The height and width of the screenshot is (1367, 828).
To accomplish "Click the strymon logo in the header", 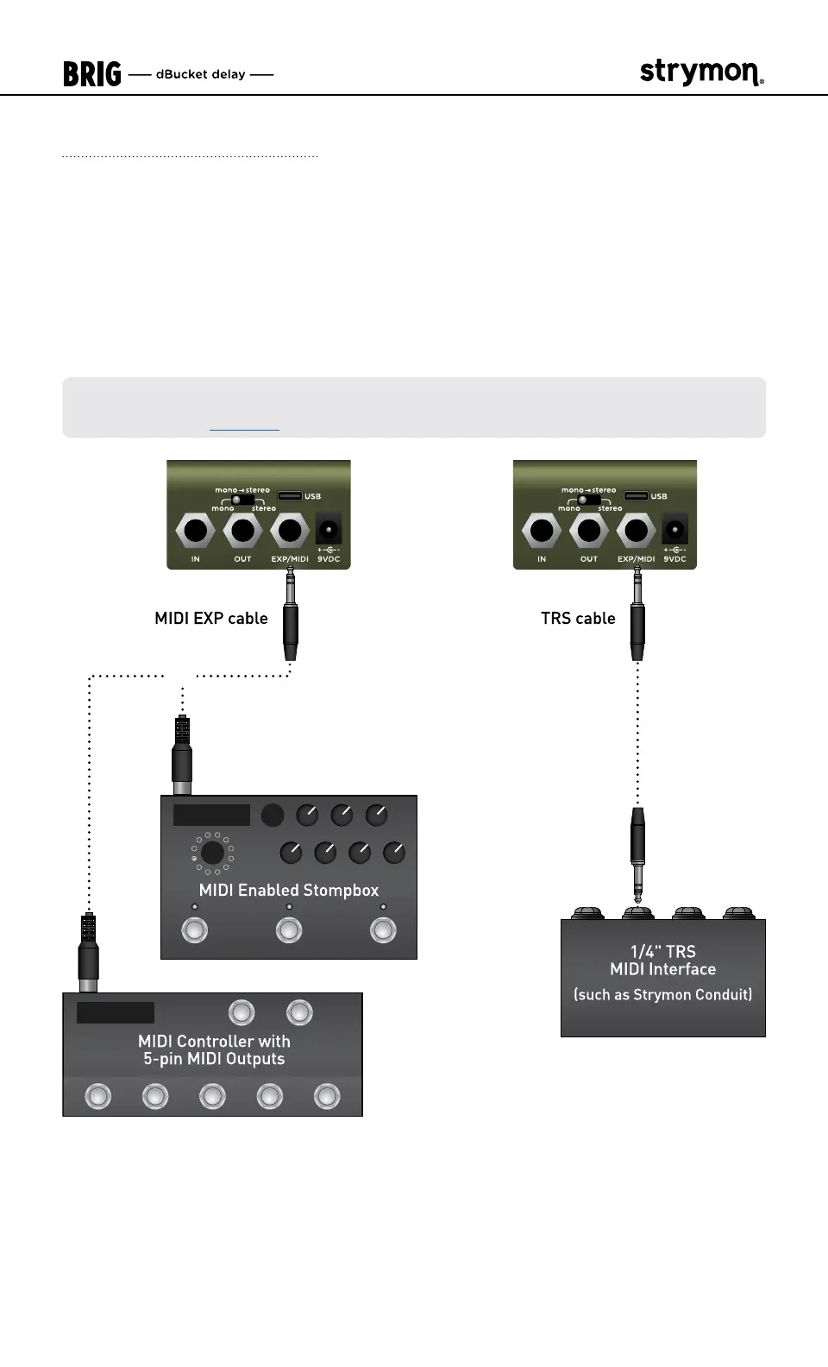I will [701, 72].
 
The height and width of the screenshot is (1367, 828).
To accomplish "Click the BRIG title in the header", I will [91, 74].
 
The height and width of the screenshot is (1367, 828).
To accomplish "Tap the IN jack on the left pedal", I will [196, 530].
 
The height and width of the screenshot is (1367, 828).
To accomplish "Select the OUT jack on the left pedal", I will [242, 530].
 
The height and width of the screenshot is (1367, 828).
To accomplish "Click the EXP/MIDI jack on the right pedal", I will [636, 530].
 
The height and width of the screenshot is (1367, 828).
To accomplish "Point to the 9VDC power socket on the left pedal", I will [328, 529].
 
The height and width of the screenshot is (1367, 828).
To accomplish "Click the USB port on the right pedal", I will [636, 496].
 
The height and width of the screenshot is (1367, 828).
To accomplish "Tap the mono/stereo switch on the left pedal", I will [242, 499].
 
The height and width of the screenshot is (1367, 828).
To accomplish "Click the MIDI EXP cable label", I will [211, 618].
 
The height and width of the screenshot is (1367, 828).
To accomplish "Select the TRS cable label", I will [578, 618].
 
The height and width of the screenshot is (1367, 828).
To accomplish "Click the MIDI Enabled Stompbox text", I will [289, 890].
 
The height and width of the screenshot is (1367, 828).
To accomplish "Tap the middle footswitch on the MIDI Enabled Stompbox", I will [289, 930].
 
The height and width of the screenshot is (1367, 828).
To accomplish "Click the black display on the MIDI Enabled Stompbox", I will [211, 815].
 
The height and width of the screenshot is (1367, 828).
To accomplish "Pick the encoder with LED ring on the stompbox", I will [212, 854].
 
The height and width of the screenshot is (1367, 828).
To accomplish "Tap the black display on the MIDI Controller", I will [116, 1012].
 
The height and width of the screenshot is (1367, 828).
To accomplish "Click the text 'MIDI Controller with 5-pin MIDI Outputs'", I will [214, 1050].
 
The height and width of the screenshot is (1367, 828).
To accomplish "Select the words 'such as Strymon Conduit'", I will [663, 994].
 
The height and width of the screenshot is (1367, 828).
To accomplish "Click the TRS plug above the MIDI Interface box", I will [637, 850].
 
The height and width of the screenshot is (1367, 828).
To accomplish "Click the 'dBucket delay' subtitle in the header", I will [201, 74].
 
